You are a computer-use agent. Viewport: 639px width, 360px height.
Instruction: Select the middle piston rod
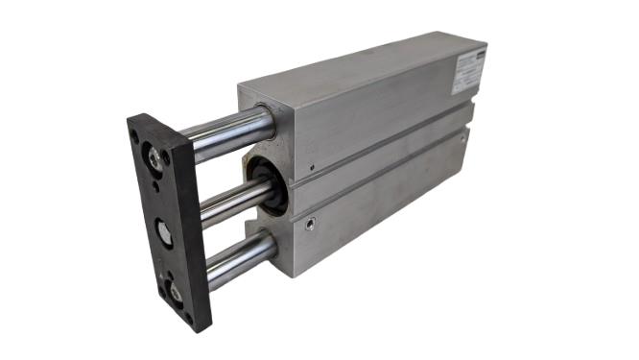point(225,200)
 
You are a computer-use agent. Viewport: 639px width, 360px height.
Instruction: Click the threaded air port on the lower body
point(310,226)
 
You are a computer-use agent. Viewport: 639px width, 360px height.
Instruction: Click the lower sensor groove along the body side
point(384,177)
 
